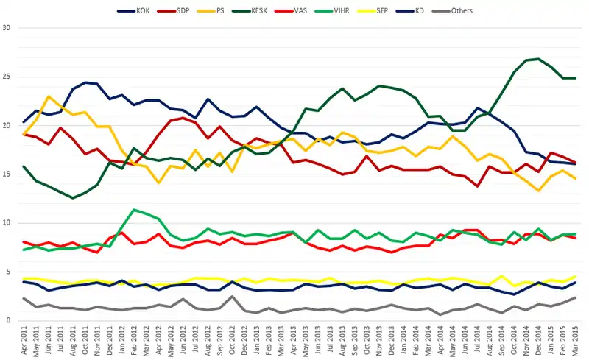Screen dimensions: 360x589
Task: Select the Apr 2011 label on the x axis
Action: tap(24, 340)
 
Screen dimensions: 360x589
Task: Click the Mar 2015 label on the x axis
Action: tap(574, 340)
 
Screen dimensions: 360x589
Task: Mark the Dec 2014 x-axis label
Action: tap(539, 340)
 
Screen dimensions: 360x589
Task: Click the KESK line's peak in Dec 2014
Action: tap(539, 59)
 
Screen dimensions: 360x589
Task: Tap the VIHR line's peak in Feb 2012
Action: tap(133, 210)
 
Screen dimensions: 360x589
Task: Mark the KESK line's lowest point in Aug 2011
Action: tap(72, 198)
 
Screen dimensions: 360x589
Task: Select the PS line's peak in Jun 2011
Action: tap(49, 96)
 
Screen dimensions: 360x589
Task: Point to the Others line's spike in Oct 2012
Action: tap(233, 297)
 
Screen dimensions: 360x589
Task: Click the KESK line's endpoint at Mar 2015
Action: tap(574, 78)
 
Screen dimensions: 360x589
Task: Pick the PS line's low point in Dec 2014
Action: tap(539, 191)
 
